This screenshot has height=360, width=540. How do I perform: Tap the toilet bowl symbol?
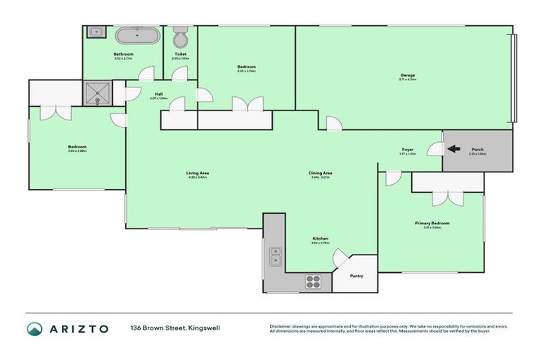(180, 37)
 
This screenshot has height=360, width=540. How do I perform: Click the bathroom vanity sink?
(95, 32)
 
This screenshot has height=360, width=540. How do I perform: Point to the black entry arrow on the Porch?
(454, 149)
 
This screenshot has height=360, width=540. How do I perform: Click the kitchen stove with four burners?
(313, 281)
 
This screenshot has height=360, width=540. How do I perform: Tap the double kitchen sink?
(276, 257)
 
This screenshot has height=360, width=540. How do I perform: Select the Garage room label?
(407, 75)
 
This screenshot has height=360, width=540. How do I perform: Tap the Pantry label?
(356, 276)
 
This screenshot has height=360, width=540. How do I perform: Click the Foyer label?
(407, 149)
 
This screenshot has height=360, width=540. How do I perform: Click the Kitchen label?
(320, 239)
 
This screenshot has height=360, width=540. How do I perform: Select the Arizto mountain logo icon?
(35, 329)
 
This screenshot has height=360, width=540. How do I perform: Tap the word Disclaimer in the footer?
(283, 326)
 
